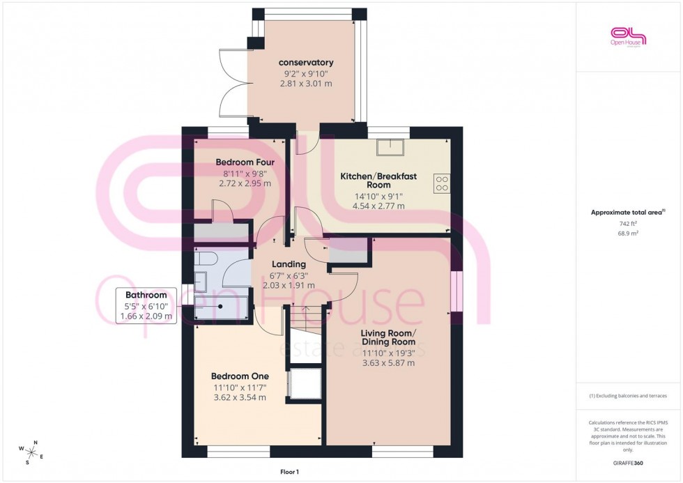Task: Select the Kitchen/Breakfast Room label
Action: (x=378, y=181)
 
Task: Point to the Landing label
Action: (x=289, y=264)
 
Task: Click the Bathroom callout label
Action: (x=146, y=296)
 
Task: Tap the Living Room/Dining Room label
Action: (x=388, y=337)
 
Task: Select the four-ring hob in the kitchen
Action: (x=442, y=183)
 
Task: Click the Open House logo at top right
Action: (x=628, y=36)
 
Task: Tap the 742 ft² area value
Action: (x=628, y=224)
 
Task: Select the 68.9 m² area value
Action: (x=628, y=233)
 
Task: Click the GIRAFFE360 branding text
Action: (x=629, y=462)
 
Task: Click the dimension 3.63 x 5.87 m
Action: (x=388, y=362)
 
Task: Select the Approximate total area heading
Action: (x=627, y=213)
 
